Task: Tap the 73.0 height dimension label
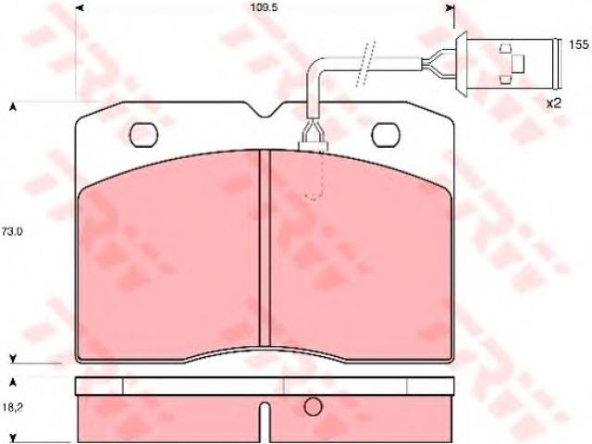pos(12,232)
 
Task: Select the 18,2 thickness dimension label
pos(11,408)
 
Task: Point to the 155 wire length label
pos(579,45)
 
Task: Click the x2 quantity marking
pos(554,103)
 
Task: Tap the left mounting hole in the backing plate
pos(144,135)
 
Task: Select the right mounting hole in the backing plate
pos(386,135)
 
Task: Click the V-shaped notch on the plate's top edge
pos(265,109)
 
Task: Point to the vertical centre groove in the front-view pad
pos(265,248)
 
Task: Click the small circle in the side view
pos(313,407)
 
